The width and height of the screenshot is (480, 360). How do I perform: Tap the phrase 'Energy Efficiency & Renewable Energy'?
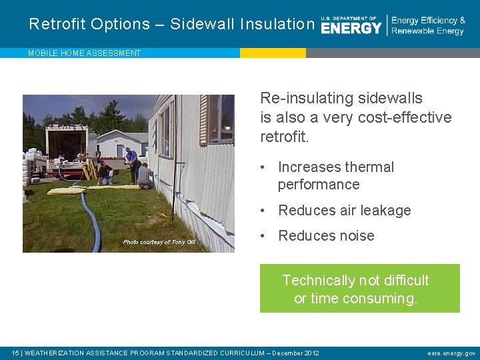[x=427, y=25]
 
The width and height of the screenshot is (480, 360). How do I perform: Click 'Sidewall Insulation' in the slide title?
[x=242, y=24]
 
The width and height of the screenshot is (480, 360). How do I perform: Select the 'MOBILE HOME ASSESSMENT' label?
[x=84, y=53]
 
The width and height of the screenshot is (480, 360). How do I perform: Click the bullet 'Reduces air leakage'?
[x=344, y=211]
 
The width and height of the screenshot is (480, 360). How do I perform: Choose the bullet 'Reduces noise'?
[x=326, y=236]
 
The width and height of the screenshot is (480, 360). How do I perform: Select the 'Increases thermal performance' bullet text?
[x=335, y=176]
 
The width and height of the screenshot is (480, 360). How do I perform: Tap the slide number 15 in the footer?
[x=15, y=353]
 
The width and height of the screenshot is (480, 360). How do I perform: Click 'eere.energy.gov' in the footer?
[x=451, y=353]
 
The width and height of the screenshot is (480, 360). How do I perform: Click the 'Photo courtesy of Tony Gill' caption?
[x=159, y=242]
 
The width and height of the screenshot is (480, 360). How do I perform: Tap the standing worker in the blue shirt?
[x=132, y=160]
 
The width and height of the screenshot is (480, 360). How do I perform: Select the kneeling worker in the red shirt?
[x=105, y=172]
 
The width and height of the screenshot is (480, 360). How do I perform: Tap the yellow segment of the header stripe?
[x=273, y=53]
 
